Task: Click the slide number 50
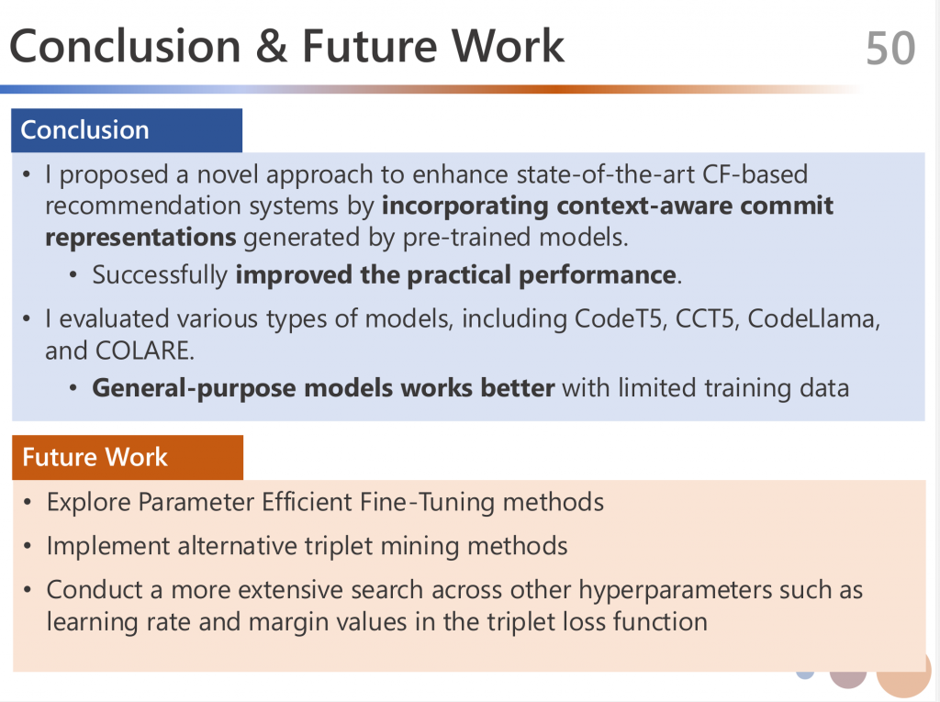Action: [890, 48]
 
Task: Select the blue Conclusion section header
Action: [127, 130]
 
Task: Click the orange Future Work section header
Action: [128, 457]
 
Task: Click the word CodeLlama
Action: [813, 319]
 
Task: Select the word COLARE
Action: [144, 351]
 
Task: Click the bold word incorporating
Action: [465, 206]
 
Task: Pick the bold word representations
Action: [140, 238]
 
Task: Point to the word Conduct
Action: [95, 590]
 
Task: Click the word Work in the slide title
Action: [508, 46]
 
